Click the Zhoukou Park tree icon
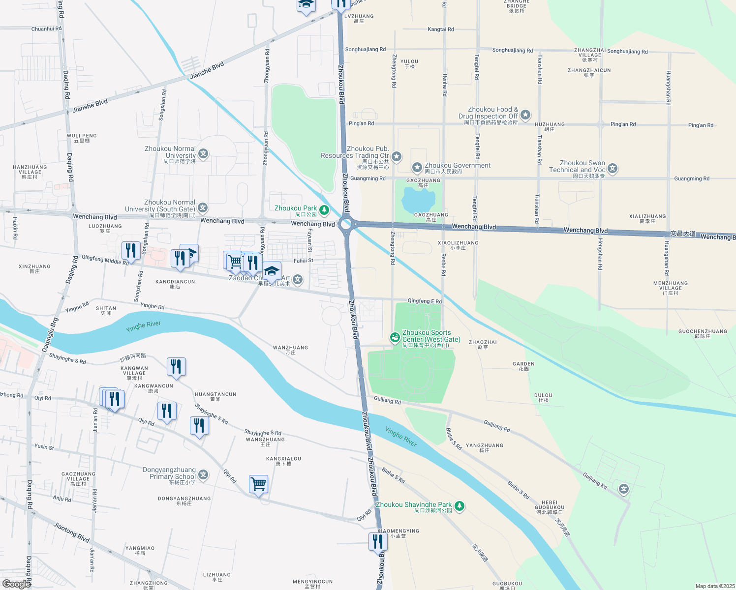tap(324, 210)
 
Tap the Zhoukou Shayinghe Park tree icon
tap(459, 506)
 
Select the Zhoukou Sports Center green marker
tap(395, 337)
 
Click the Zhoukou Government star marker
tap(417, 168)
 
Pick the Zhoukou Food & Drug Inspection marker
tap(525, 115)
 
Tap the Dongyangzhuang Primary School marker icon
tap(203, 475)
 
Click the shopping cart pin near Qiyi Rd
tap(258, 484)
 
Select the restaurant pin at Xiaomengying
tap(377, 542)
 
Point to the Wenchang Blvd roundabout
tap(346, 224)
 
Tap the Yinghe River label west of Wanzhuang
tap(143, 326)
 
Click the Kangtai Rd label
tap(440, 29)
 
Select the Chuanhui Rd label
tap(46, 29)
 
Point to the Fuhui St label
tap(303, 261)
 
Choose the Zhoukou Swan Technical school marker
tap(613, 169)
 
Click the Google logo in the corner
tap(16, 584)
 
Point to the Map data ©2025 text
tap(715, 586)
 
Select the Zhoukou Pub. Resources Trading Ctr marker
tap(397, 157)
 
